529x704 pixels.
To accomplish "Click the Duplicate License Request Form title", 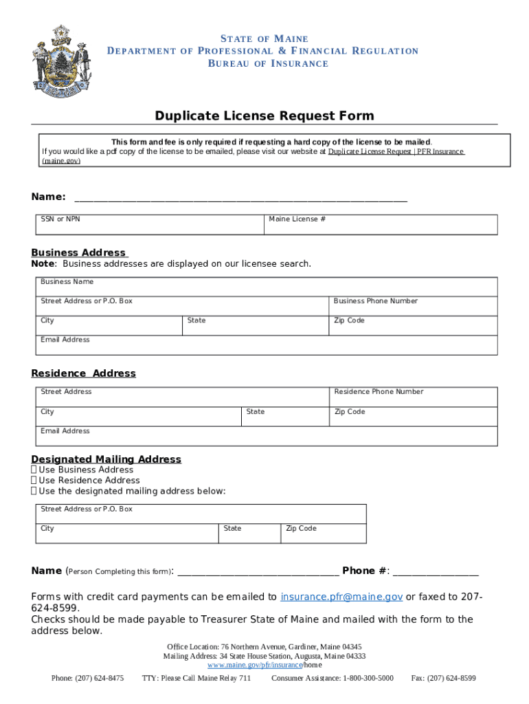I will click(264, 115).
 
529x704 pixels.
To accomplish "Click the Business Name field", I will click(267, 287).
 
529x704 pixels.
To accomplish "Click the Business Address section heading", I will click(79, 252).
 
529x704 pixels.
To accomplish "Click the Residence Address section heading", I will click(84, 373).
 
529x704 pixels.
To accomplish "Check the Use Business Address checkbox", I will click(34, 470).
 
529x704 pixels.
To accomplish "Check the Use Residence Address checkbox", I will click(34, 481).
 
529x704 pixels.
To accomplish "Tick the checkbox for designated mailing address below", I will click(34, 492).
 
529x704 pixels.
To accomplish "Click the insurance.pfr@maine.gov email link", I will click(341, 597).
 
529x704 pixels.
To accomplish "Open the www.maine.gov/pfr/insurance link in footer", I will click(255, 665).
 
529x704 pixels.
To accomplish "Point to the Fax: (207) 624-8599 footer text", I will click(443, 679).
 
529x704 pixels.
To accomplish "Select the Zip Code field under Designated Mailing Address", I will click(323, 534).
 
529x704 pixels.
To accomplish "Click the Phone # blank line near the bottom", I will click(436, 572).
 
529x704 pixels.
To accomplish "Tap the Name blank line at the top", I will click(240, 198).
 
